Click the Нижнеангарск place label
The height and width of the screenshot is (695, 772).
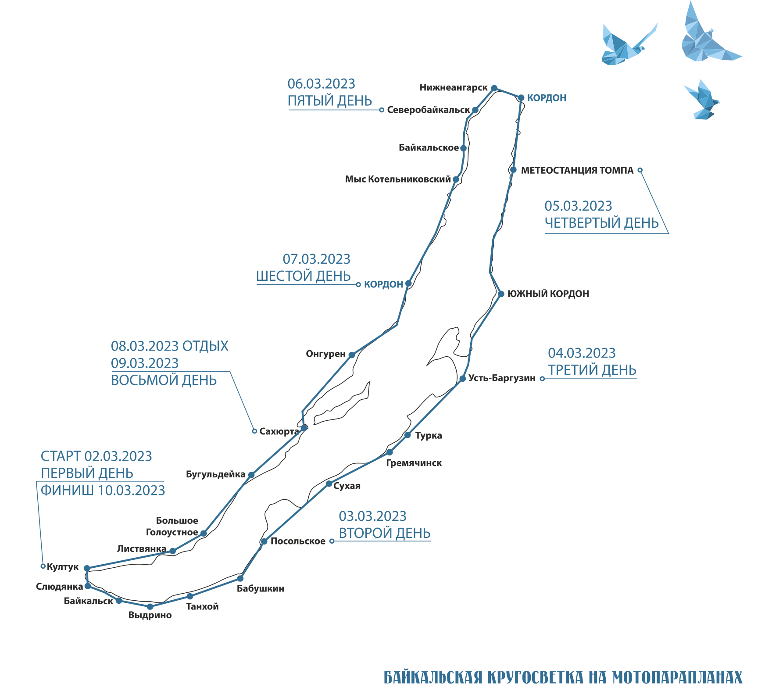[454, 88]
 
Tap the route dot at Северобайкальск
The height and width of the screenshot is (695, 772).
[475, 110]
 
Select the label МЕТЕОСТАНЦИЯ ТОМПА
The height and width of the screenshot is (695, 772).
[577, 171]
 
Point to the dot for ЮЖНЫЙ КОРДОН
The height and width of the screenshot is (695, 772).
[501, 294]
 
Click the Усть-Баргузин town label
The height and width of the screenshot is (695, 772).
[502, 378]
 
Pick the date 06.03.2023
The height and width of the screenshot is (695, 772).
[321, 84]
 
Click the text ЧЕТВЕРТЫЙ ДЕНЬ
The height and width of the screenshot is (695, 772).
[602, 223]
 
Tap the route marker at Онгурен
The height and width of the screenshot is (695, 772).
[352, 355]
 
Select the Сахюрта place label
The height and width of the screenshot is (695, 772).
[279, 432]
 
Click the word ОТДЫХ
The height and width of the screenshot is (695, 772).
[205, 346]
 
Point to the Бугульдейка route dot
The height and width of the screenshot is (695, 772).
[251, 475]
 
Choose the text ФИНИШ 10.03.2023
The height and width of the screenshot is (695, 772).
[103, 491]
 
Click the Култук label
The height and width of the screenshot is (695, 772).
[63, 567]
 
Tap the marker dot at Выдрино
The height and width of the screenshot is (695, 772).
[150, 607]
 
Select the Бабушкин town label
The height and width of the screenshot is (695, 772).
[261, 589]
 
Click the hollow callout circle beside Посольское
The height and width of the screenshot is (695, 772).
[332, 541]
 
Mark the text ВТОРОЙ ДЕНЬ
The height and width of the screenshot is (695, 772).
[385, 533]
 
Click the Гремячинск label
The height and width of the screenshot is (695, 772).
[414, 463]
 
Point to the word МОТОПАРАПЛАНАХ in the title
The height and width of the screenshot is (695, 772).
[677, 677]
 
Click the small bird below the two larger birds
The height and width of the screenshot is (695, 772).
[702, 100]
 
